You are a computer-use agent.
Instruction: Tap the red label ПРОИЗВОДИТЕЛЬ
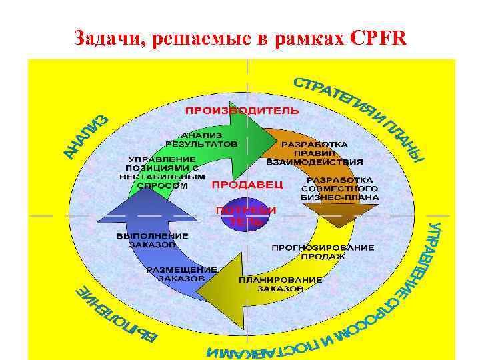coord(242,109)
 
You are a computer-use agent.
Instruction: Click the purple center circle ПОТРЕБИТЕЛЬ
coord(245,215)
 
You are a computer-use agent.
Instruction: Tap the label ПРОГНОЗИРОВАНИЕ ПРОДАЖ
coord(323,251)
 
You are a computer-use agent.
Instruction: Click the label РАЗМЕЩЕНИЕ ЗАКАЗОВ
coord(181,273)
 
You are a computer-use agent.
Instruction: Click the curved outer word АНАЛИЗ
coord(87,137)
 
